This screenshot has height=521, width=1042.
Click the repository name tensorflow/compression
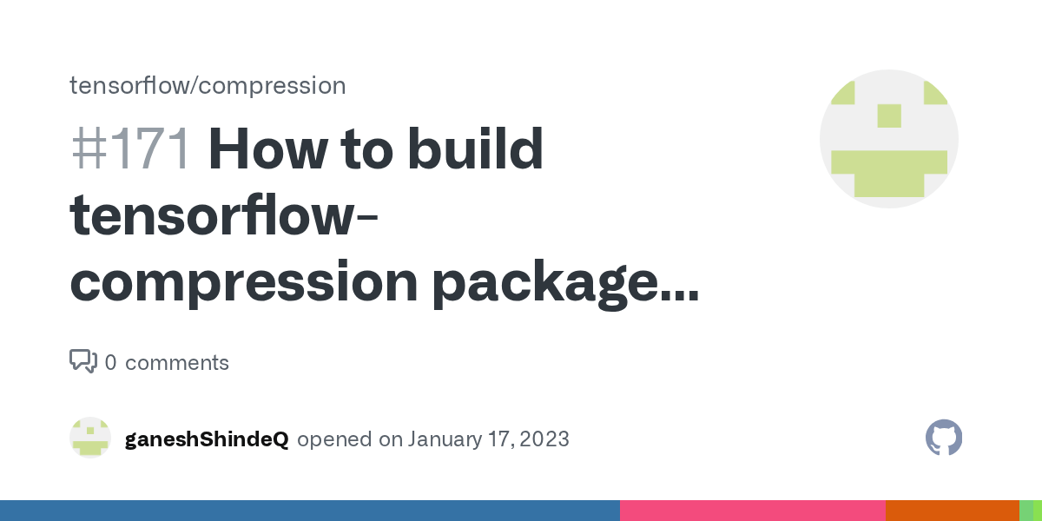tap(208, 85)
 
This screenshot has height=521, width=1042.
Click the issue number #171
tap(130, 150)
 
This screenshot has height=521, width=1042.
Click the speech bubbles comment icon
tap(82, 361)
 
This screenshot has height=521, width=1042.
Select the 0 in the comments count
tap(110, 363)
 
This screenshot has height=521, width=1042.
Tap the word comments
tap(177, 363)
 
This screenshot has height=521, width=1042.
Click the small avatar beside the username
tap(90, 439)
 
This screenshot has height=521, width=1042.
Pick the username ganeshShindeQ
tap(207, 439)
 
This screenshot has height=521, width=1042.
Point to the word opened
tap(335, 439)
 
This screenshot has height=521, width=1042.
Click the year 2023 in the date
tap(543, 439)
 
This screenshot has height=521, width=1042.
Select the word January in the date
tap(443, 439)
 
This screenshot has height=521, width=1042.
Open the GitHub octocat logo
tap(944, 439)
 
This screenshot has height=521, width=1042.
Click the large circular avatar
tap(888, 139)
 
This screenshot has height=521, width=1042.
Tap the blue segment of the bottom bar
tap(310, 511)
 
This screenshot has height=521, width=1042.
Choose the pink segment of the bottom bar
tap(752, 511)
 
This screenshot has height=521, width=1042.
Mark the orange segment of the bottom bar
tap(952, 511)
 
